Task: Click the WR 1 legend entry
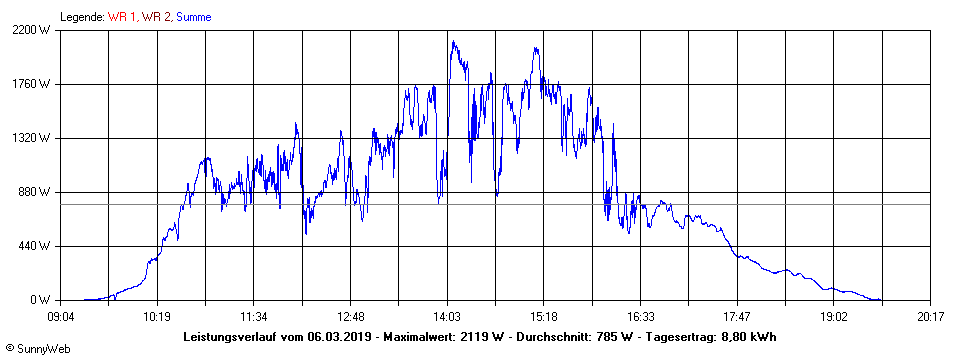[123, 16]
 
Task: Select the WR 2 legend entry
[157, 16]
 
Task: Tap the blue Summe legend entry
[193, 16]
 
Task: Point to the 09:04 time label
[61, 317]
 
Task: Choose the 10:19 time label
[157, 317]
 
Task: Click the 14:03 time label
[447, 317]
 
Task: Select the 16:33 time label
[641, 317]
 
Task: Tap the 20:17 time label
[930, 317]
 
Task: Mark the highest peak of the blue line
[453, 41]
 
